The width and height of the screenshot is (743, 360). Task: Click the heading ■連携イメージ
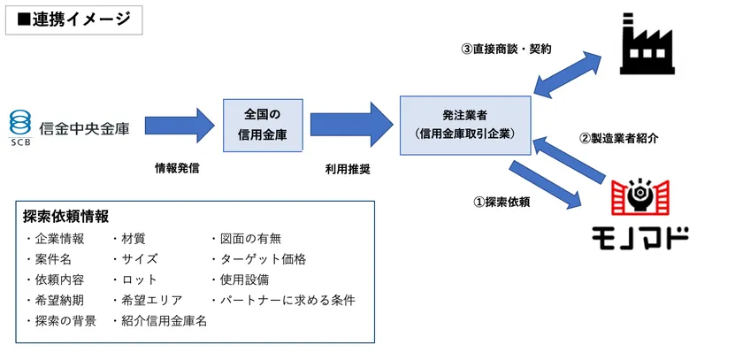point(74,19)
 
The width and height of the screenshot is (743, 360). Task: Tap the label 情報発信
point(177,167)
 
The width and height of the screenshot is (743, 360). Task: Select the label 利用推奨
point(347,167)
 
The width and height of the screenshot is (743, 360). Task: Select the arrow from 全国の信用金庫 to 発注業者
point(351,126)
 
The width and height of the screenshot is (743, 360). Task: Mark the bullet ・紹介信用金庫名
point(159,321)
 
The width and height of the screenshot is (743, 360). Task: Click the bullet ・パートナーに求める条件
point(282,301)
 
